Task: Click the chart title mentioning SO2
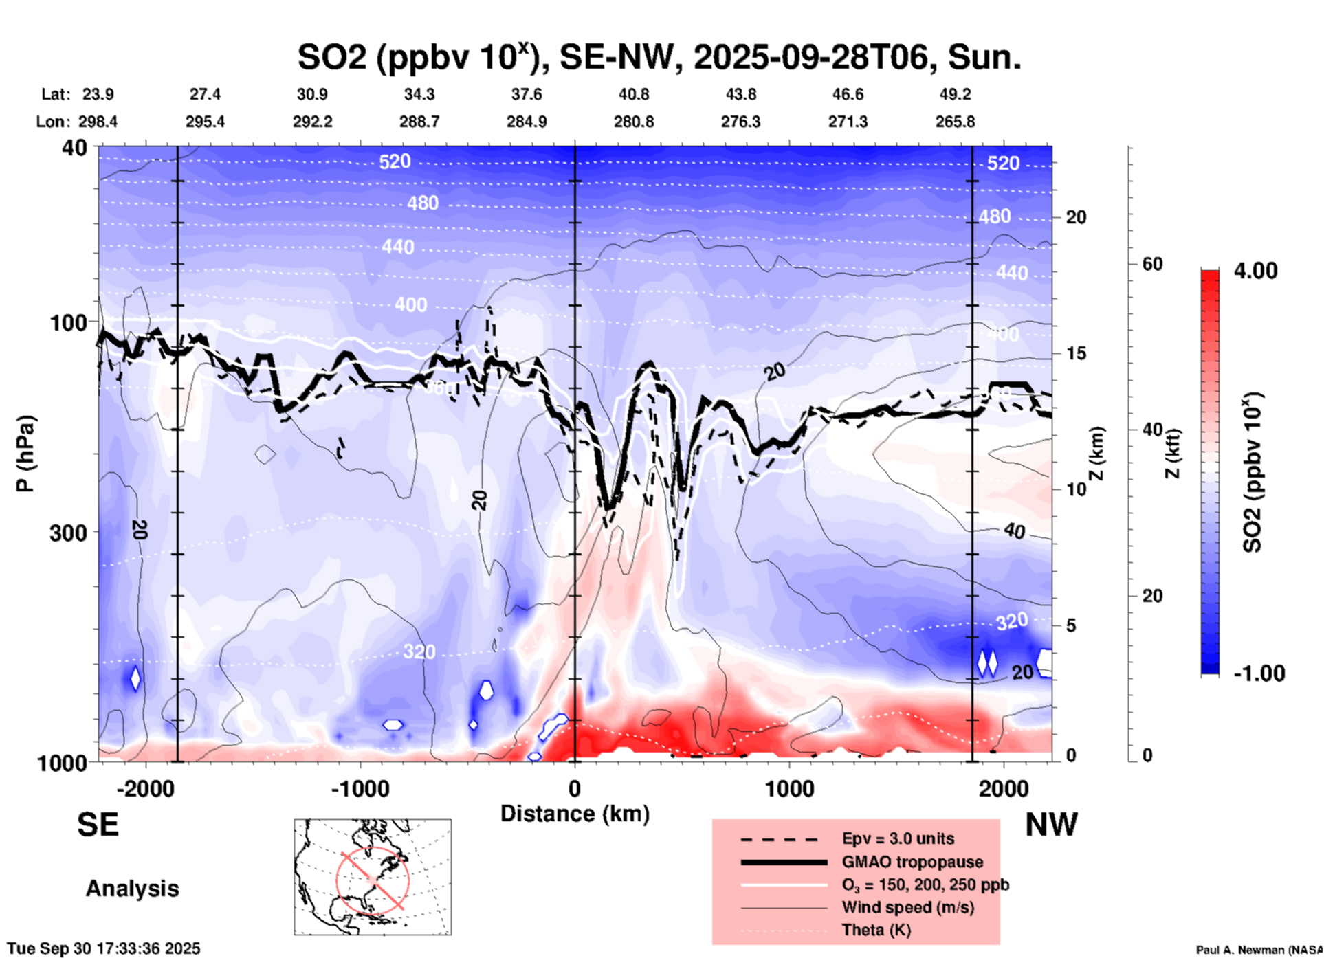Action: click(x=659, y=57)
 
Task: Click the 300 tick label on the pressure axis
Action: click(x=69, y=533)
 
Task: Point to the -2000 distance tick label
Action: click(x=145, y=788)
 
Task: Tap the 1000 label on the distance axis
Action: click(x=789, y=788)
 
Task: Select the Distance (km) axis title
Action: click(x=575, y=814)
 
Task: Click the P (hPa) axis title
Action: click(x=25, y=454)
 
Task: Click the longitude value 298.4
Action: click(x=98, y=122)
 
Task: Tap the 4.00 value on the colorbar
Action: click(x=1255, y=271)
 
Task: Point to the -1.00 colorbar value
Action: click(x=1259, y=673)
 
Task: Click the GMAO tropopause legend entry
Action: click(x=912, y=862)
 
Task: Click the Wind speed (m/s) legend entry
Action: click(x=907, y=907)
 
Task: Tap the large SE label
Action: click(x=98, y=825)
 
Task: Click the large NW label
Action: click(x=1051, y=825)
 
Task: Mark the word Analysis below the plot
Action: click(x=132, y=889)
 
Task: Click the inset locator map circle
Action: click(x=373, y=879)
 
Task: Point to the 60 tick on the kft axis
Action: click(x=1151, y=264)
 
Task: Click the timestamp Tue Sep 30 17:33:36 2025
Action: click(x=104, y=948)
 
